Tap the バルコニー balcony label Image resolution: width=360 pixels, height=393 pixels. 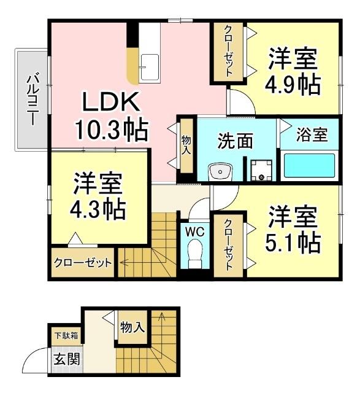(34, 98)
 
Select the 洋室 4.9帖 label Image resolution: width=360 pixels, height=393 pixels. (293, 72)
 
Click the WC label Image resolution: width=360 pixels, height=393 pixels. (196, 232)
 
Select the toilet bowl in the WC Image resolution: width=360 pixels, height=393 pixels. (196, 254)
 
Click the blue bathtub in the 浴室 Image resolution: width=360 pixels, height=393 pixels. (309, 166)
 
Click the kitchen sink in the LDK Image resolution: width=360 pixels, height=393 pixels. (149, 66)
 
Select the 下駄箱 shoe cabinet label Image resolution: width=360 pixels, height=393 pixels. (66, 336)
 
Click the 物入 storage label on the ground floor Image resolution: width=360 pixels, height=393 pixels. (132, 327)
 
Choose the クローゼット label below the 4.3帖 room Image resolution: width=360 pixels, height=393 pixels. (83, 263)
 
